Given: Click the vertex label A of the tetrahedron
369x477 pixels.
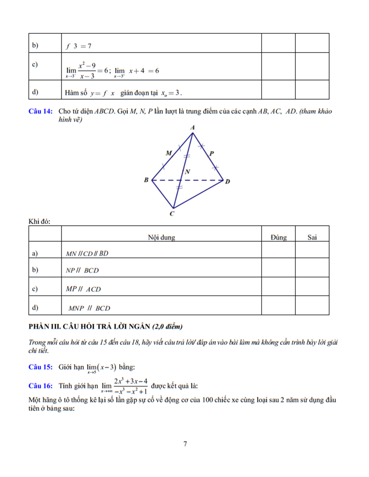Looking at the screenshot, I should [192, 127].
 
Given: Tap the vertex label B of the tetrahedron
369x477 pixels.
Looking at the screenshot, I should [146, 180].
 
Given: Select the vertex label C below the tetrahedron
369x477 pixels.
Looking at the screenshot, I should [172, 214].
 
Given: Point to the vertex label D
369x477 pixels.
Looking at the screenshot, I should [227, 181].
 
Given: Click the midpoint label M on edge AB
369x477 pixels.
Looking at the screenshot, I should [169, 153].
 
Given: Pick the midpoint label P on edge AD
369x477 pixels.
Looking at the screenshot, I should [212, 153].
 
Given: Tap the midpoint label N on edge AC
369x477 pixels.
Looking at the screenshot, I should [187, 172].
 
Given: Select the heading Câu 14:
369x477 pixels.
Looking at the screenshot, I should [40, 111].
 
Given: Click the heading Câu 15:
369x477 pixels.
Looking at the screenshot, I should [40, 367].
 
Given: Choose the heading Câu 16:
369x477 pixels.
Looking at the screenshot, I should [40, 386].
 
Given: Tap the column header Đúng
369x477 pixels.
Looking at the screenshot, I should [279, 237].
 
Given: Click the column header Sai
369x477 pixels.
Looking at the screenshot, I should [312, 237].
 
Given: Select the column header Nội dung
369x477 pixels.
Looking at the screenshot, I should [161, 237].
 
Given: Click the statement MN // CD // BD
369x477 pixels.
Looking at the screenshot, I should [87, 254].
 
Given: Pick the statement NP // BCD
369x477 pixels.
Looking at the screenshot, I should [82, 271].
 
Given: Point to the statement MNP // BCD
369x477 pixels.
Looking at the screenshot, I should [89, 308].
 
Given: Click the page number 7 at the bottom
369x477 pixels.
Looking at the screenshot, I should [185, 444].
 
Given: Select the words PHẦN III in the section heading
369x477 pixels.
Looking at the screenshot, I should [44, 326].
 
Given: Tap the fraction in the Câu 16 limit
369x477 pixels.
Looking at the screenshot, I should [131, 386].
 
